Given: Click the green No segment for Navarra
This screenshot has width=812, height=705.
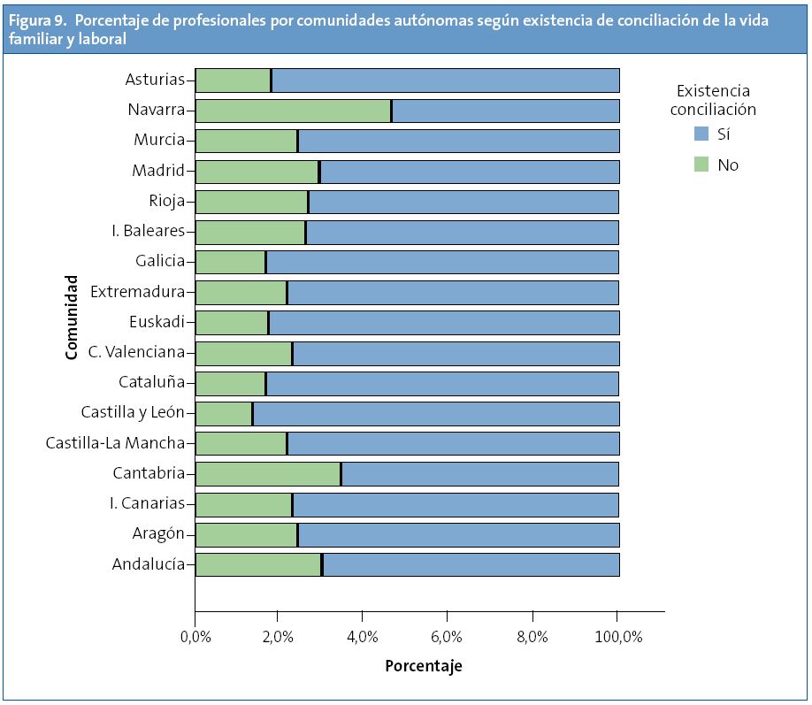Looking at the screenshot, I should pos(293,111).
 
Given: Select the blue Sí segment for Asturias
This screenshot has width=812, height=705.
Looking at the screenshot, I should pos(446,80).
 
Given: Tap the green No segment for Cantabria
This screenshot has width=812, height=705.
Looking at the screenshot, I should pos(267,474).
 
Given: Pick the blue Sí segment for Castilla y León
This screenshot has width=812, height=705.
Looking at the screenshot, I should pos(436,414).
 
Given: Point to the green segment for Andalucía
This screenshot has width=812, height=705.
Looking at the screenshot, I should pos(257,564).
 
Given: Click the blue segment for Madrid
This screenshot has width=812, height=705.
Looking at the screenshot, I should pos(470,172).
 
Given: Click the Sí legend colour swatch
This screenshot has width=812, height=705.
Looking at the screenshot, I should pos(701,134).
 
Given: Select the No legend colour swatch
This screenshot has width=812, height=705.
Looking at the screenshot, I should pos(701,165).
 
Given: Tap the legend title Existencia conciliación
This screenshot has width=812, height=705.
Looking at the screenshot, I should pos(713,100).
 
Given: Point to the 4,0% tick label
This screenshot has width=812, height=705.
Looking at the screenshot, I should pos(363,636).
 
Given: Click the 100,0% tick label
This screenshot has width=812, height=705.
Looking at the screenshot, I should pos(617,636).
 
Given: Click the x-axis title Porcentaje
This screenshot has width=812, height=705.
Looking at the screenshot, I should pos(423,666).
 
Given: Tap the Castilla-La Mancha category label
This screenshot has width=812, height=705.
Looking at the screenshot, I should pos(115,443).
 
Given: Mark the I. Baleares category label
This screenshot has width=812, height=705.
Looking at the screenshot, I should pos(149,232).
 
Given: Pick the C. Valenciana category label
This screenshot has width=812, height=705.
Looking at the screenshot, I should pos(136,353).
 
